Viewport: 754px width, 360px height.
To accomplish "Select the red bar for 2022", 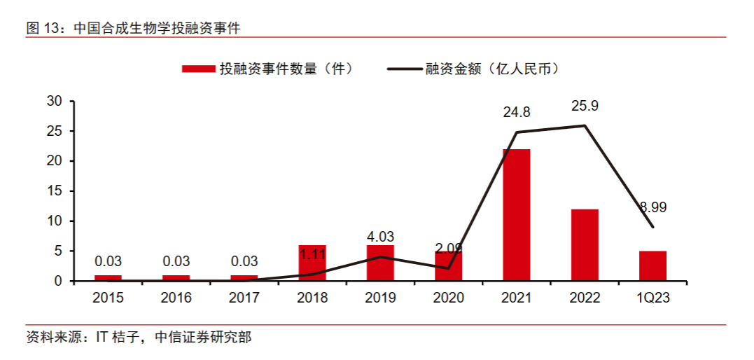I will click(x=585, y=245).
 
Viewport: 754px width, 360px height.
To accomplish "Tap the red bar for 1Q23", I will click(x=652, y=266).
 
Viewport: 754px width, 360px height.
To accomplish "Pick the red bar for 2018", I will click(x=312, y=263).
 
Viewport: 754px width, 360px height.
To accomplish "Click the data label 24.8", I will click(x=517, y=112).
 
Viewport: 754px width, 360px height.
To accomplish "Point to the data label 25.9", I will click(x=585, y=106).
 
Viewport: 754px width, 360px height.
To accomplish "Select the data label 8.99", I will click(x=652, y=207).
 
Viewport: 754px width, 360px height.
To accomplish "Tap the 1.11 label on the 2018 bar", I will click(x=313, y=254).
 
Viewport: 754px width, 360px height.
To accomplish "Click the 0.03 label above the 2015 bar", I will click(x=108, y=261).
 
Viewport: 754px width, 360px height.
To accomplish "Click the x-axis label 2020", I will click(x=448, y=298).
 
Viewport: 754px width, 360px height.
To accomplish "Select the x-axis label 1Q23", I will click(x=653, y=298).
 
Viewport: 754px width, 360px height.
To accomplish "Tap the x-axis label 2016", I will click(x=176, y=298).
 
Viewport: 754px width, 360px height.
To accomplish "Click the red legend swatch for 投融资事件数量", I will click(x=198, y=69).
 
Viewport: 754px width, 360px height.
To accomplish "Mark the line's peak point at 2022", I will click(x=585, y=126).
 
